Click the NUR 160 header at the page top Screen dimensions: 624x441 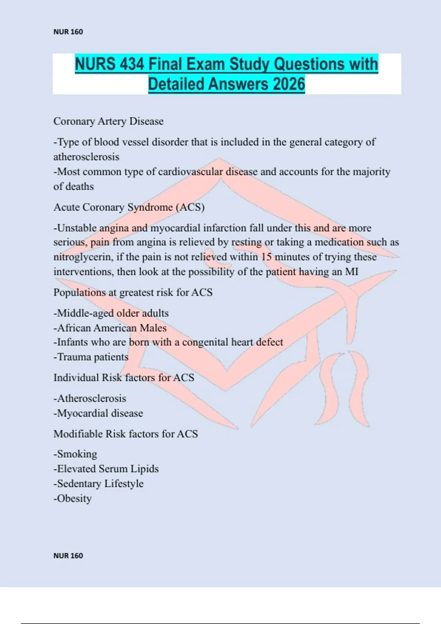click(x=68, y=32)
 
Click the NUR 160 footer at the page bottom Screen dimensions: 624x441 click(x=68, y=556)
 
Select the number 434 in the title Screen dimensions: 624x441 click(x=131, y=64)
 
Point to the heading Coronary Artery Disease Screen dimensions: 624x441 click(x=108, y=121)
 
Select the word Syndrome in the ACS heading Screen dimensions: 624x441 click(x=150, y=207)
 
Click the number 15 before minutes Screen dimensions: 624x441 click(x=266, y=257)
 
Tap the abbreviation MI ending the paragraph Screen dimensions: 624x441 click(x=351, y=272)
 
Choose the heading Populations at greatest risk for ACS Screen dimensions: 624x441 click(x=133, y=293)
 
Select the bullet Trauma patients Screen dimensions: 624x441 click(x=91, y=357)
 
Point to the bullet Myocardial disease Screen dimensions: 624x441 click(x=98, y=413)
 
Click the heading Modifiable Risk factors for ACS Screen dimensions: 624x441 click(x=125, y=434)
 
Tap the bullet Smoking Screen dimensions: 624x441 click(x=75, y=454)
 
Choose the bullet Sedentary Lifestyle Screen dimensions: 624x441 click(x=98, y=484)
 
